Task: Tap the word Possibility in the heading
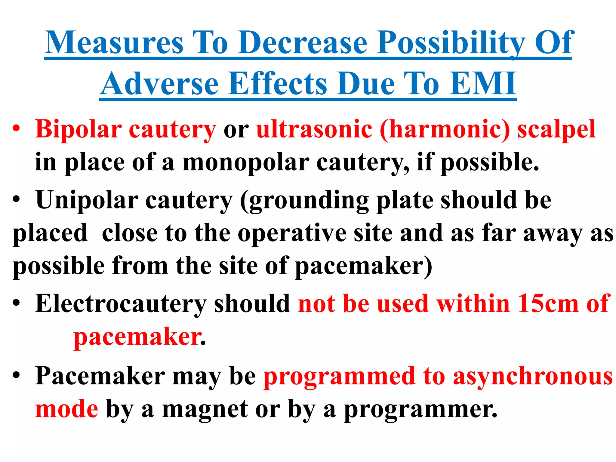coord(451,43)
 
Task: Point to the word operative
coord(292,233)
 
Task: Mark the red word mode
coord(66,409)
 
